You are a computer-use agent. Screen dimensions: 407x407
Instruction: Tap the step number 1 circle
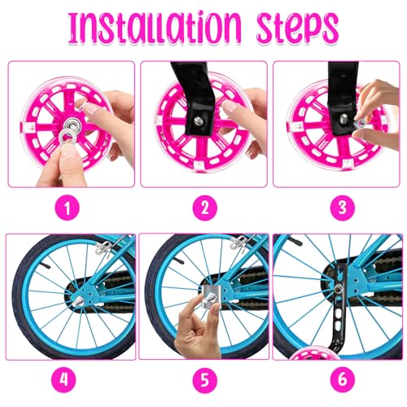70,207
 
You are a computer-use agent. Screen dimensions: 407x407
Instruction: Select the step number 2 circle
204,207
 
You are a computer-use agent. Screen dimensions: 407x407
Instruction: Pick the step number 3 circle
337,207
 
